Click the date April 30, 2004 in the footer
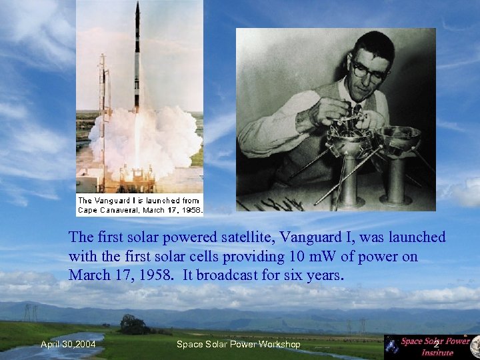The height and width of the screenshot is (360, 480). [x=67, y=344]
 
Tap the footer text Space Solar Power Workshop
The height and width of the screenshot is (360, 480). [x=238, y=344]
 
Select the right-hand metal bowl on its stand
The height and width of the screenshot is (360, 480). [x=397, y=140]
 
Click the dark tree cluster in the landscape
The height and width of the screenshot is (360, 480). [x=134, y=325]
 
